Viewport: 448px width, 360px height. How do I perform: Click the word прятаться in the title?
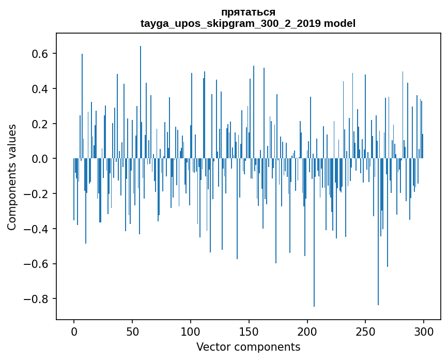point(248,12)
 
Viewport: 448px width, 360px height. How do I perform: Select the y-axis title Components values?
point(12,177)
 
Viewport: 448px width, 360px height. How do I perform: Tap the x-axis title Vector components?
point(248,347)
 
